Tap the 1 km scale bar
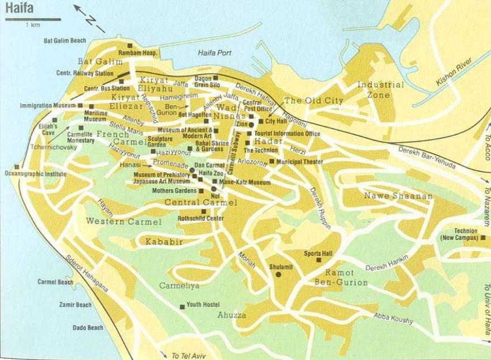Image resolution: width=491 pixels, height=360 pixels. click(x=32, y=21)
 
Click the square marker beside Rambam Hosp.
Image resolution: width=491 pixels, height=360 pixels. click(x=130, y=45)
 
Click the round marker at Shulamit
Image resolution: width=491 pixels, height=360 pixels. click(x=278, y=274)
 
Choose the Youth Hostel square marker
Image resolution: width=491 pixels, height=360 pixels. click(x=182, y=306)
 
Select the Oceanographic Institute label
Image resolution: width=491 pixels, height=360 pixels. click(x=35, y=174)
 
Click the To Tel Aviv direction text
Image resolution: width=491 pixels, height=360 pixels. click(x=190, y=355)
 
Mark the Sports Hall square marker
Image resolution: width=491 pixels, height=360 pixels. click(x=319, y=260)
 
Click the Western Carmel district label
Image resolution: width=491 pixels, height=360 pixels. click(x=123, y=221)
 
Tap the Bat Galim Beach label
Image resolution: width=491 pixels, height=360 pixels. click(x=65, y=41)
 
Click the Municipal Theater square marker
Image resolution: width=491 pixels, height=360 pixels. click(x=272, y=162)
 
